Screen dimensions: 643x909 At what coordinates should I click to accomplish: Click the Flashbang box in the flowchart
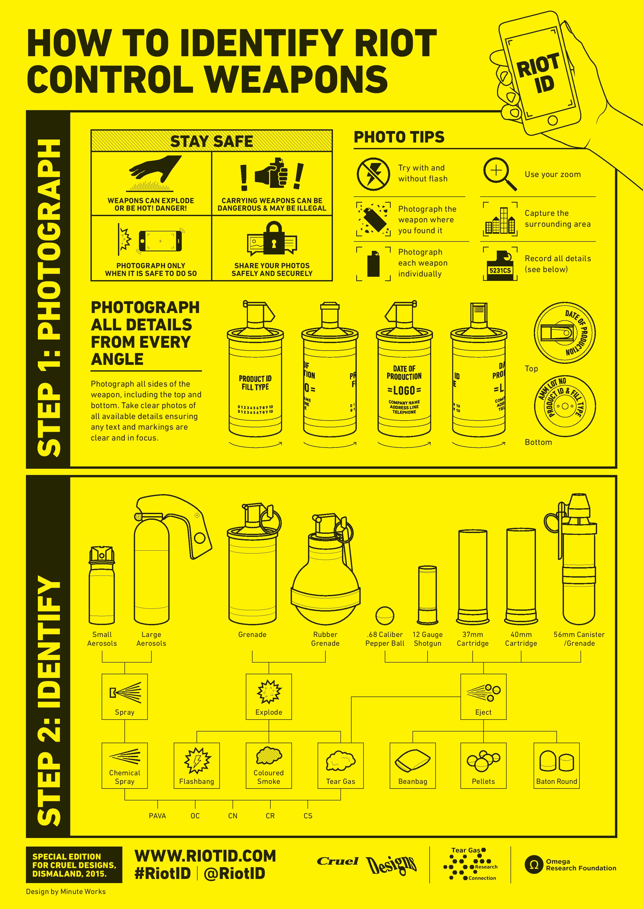(x=197, y=765)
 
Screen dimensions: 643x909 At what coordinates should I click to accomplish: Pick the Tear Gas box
(x=341, y=765)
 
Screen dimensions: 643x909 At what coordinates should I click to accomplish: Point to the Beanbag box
(x=413, y=765)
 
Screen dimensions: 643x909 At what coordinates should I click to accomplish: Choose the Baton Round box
(x=557, y=765)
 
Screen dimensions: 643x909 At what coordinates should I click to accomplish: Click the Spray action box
(x=125, y=697)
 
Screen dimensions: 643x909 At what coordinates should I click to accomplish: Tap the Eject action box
(x=483, y=697)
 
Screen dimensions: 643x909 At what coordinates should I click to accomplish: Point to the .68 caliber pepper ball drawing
(x=385, y=616)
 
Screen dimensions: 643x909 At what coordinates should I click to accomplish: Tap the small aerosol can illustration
(x=102, y=586)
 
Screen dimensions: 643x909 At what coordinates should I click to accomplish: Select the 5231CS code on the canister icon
(x=500, y=271)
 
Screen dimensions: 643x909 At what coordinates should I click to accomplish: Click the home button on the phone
(x=553, y=120)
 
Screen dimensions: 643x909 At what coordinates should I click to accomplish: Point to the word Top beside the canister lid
(x=531, y=368)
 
